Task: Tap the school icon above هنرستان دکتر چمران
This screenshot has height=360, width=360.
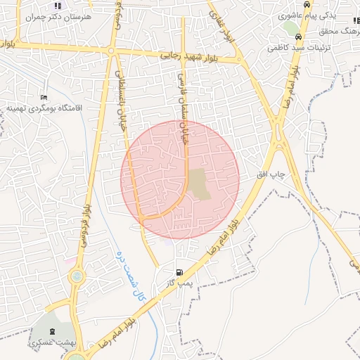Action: click(58, 6)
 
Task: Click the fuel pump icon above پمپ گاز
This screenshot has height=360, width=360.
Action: click(179, 272)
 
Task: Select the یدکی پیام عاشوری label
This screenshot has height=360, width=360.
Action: click(307, 15)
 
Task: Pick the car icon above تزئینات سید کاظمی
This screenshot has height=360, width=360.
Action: click(300, 37)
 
